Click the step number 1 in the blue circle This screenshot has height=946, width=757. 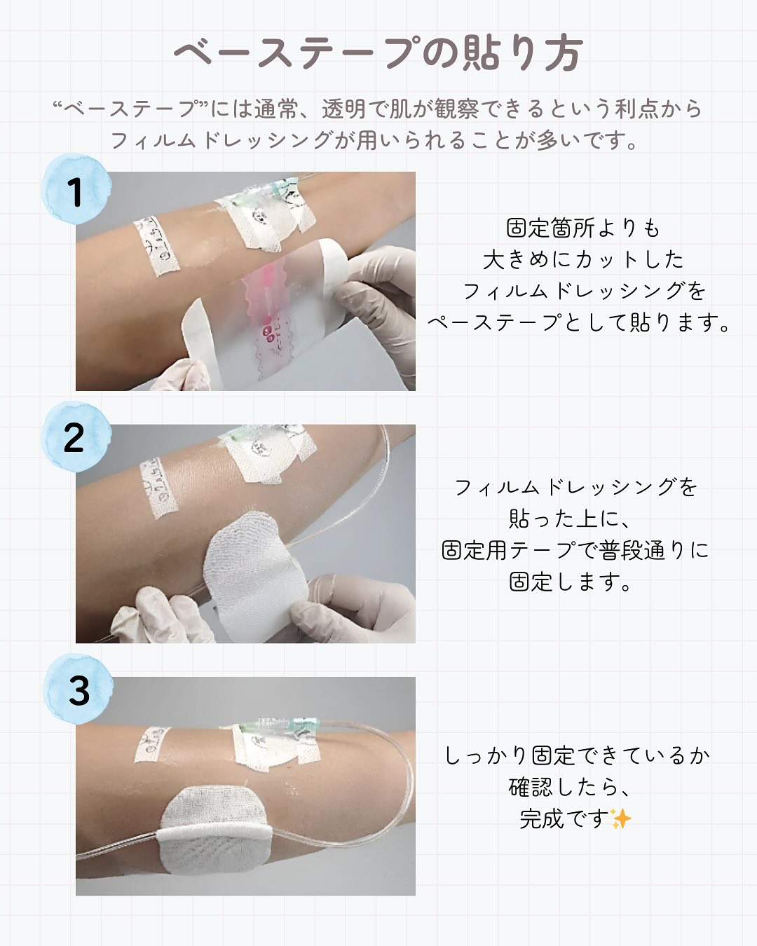[76, 193]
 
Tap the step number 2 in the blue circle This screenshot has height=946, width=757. [74, 437]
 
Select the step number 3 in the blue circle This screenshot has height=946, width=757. [79, 691]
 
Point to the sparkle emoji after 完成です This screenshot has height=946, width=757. [621, 818]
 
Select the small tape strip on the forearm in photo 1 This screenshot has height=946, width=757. [156, 246]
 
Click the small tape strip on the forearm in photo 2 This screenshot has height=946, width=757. [158, 487]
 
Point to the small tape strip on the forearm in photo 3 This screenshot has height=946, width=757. [152, 743]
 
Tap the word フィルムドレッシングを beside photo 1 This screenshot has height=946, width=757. [584, 291]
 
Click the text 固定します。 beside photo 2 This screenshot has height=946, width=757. [571, 582]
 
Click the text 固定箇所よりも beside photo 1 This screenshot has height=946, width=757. [583, 228]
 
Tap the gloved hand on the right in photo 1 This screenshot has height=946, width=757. [378, 308]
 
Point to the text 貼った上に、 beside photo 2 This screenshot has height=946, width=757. [570, 519]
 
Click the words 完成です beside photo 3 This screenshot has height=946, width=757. [565, 818]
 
